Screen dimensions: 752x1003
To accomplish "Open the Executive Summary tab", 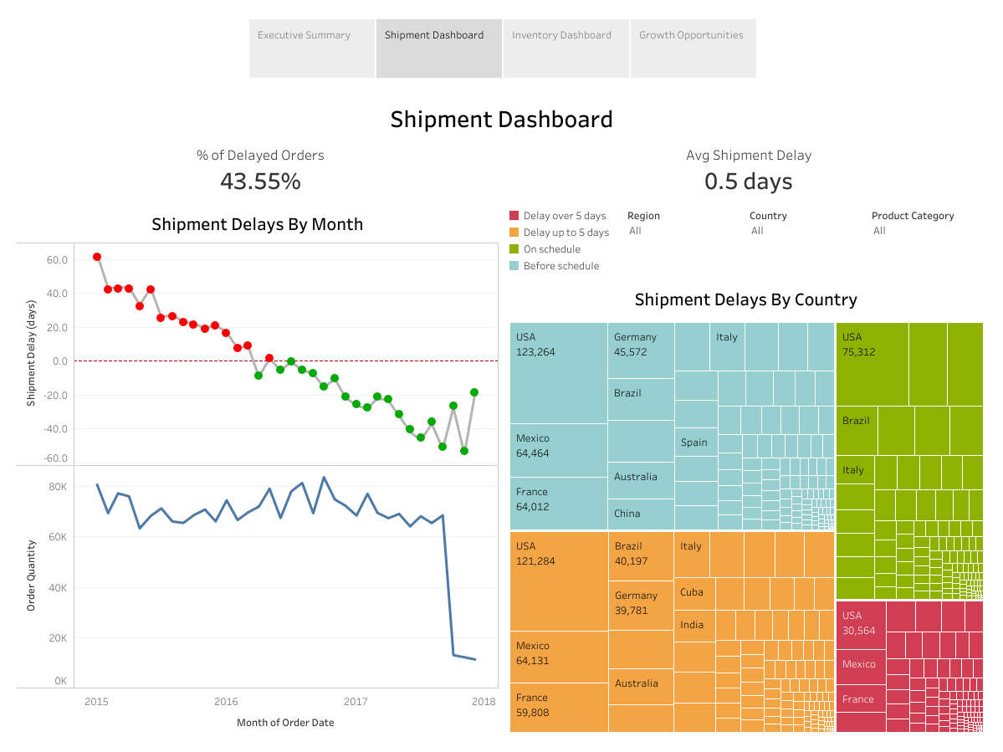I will pyautogui.click(x=304, y=35).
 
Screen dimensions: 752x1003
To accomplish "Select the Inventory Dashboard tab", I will pyautogui.click(x=561, y=35).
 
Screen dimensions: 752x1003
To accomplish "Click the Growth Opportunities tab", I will pyautogui.click(x=691, y=35).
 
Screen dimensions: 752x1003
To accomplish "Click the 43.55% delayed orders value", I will pyautogui.click(x=260, y=181).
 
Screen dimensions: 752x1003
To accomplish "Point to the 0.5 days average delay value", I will pyautogui.click(x=748, y=182).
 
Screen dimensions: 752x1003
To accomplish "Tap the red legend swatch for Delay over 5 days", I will pyautogui.click(x=514, y=216).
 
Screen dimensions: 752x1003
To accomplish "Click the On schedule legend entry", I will pyautogui.click(x=551, y=249).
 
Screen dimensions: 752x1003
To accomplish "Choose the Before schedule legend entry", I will pyautogui.click(x=560, y=266).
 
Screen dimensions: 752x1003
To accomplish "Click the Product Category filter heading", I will pyautogui.click(x=913, y=216).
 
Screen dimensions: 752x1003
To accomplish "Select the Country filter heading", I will pyautogui.click(x=768, y=216).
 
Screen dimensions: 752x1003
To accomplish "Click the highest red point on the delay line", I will pyautogui.click(x=97, y=257).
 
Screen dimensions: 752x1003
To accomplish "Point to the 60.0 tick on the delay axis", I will pyautogui.click(x=57, y=260).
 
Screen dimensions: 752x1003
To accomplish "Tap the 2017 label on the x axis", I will pyautogui.click(x=356, y=701).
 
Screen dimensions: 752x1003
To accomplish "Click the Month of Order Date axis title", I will pyautogui.click(x=285, y=723).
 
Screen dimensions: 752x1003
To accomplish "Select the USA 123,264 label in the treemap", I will pyautogui.click(x=535, y=345).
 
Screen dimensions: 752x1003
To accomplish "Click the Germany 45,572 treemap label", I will pyautogui.click(x=635, y=345).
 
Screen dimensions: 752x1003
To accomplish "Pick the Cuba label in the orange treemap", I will pyautogui.click(x=692, y=592).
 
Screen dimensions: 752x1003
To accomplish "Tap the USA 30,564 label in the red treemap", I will pyautogui.click(x=858, y=623).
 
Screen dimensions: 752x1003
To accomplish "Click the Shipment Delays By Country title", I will pyautogui.click(x=745, y=299).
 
